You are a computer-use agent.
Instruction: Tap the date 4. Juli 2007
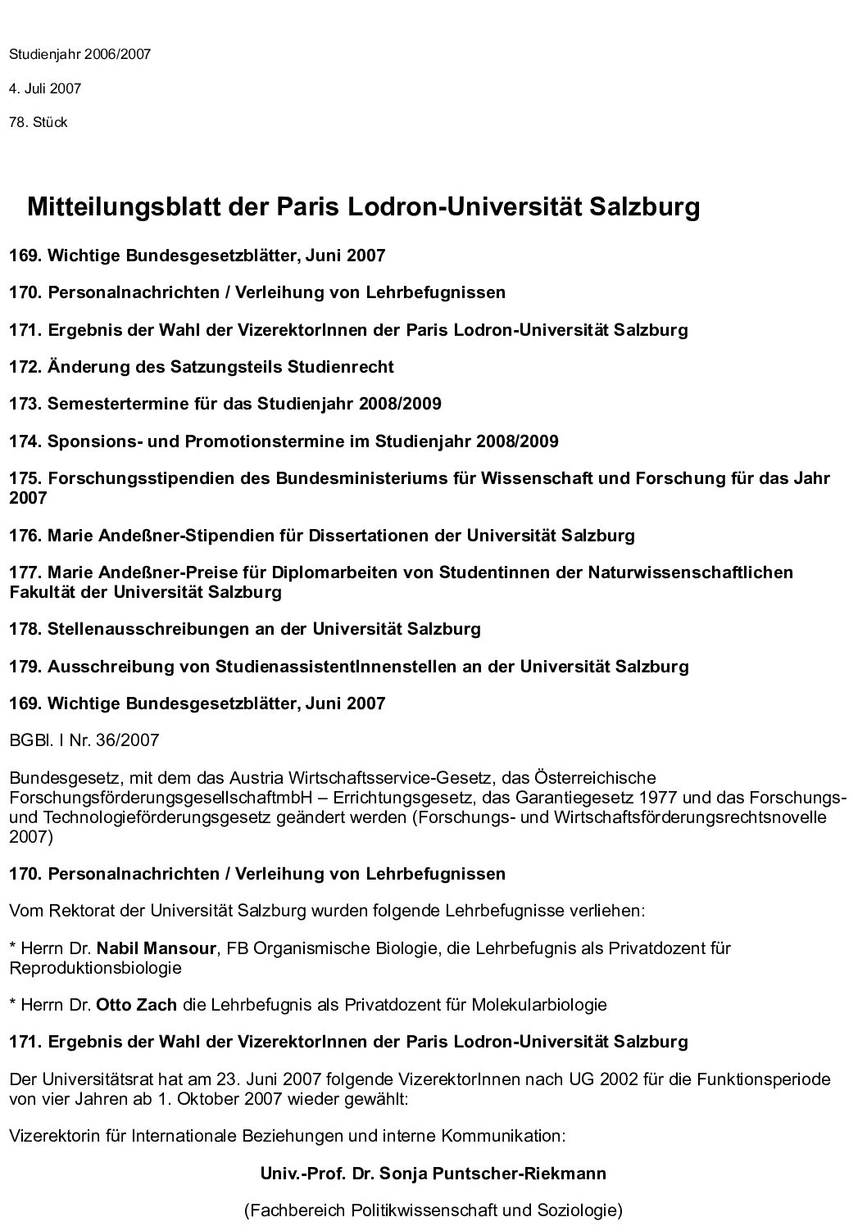45,88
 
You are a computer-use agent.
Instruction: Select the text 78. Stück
38,123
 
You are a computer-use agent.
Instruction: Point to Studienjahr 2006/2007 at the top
79,55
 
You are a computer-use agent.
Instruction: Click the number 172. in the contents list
25,367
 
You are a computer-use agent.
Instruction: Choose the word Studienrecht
340,367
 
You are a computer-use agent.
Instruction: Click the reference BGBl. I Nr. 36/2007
84,741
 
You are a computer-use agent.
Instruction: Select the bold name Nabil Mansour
156,949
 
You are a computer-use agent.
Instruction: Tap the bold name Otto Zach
136,1005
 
